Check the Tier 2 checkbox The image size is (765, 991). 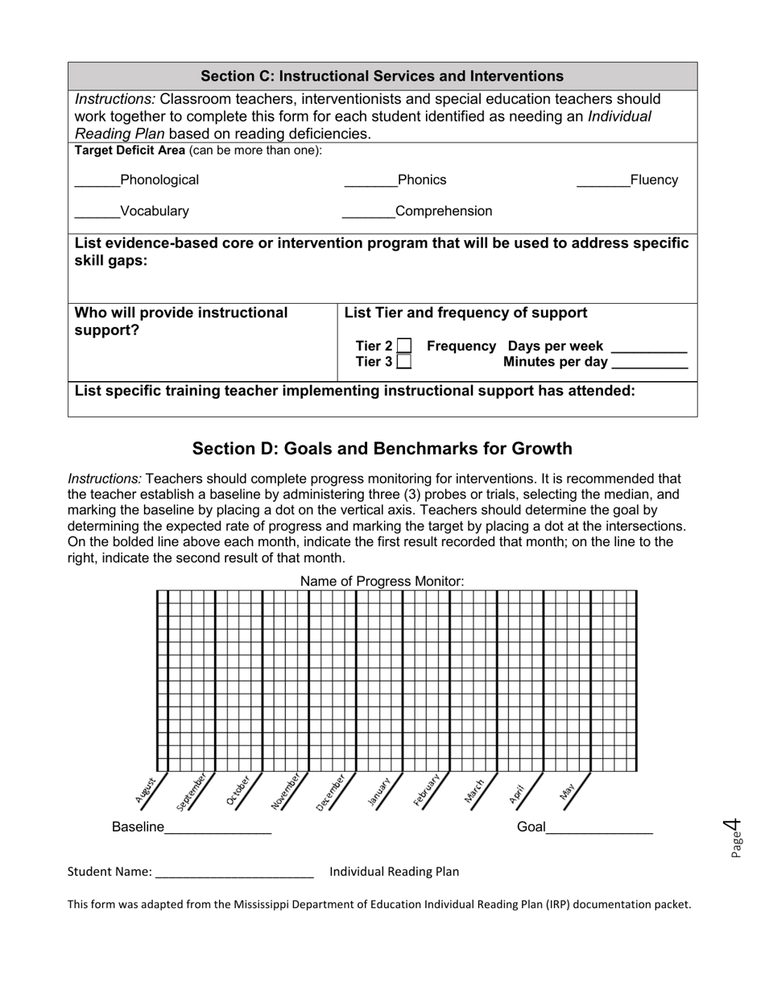tap(404, 346)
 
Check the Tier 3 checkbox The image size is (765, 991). tap(404, 363)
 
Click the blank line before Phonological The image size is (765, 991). tap(97, 185)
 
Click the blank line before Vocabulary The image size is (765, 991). tap(97, 217)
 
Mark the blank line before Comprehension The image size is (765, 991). tap(368, 217)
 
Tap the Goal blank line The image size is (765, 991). tap(599, 831)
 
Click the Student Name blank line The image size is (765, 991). tap(234, 876)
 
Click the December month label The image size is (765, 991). tap(331, 791)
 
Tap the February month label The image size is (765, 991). tap(427, 791)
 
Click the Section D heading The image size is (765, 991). tap(382, 449)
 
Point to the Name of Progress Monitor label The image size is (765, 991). tap(382, 581)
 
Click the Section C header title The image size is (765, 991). tap(382, 77)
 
